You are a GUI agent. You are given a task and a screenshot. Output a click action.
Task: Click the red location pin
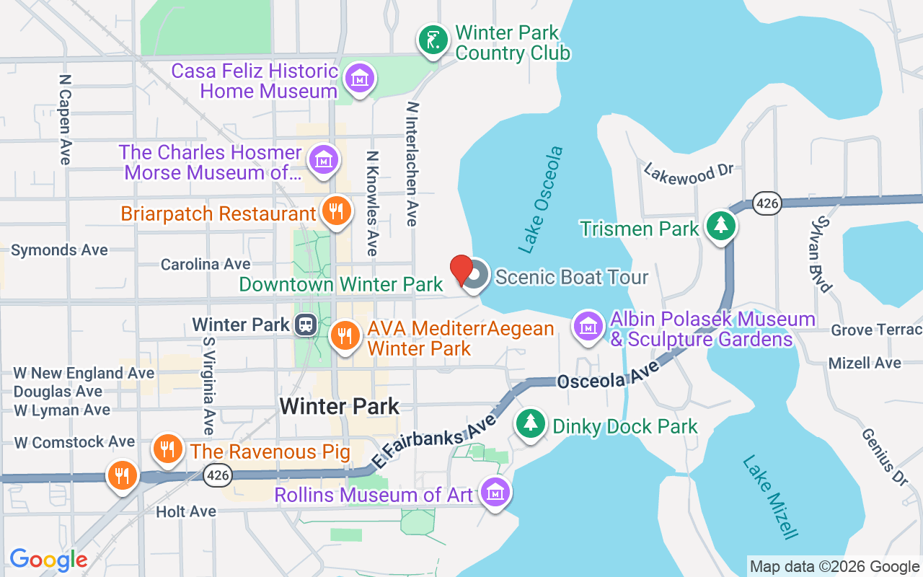coord(461,269)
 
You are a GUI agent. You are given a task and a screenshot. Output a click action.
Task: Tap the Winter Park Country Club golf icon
coord(432,41)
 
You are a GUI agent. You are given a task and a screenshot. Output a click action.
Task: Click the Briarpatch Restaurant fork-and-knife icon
coord(335,211)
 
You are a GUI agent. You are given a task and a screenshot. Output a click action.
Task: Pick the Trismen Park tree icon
coord(720,226)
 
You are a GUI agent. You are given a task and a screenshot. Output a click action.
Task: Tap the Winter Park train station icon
coord(306,325)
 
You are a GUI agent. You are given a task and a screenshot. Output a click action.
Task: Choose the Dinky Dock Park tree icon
coord(531,423)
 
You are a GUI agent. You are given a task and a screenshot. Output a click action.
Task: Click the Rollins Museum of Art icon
coord(495,493)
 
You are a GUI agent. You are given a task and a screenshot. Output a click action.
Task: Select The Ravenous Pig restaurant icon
coord(167,449)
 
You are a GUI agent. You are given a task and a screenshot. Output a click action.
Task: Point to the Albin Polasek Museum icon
coord(588,326)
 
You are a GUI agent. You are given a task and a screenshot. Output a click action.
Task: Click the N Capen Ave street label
coord(66,119)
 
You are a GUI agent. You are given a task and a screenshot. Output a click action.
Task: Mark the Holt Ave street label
coord(186,511)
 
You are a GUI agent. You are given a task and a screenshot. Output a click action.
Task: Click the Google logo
coord(48,560)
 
